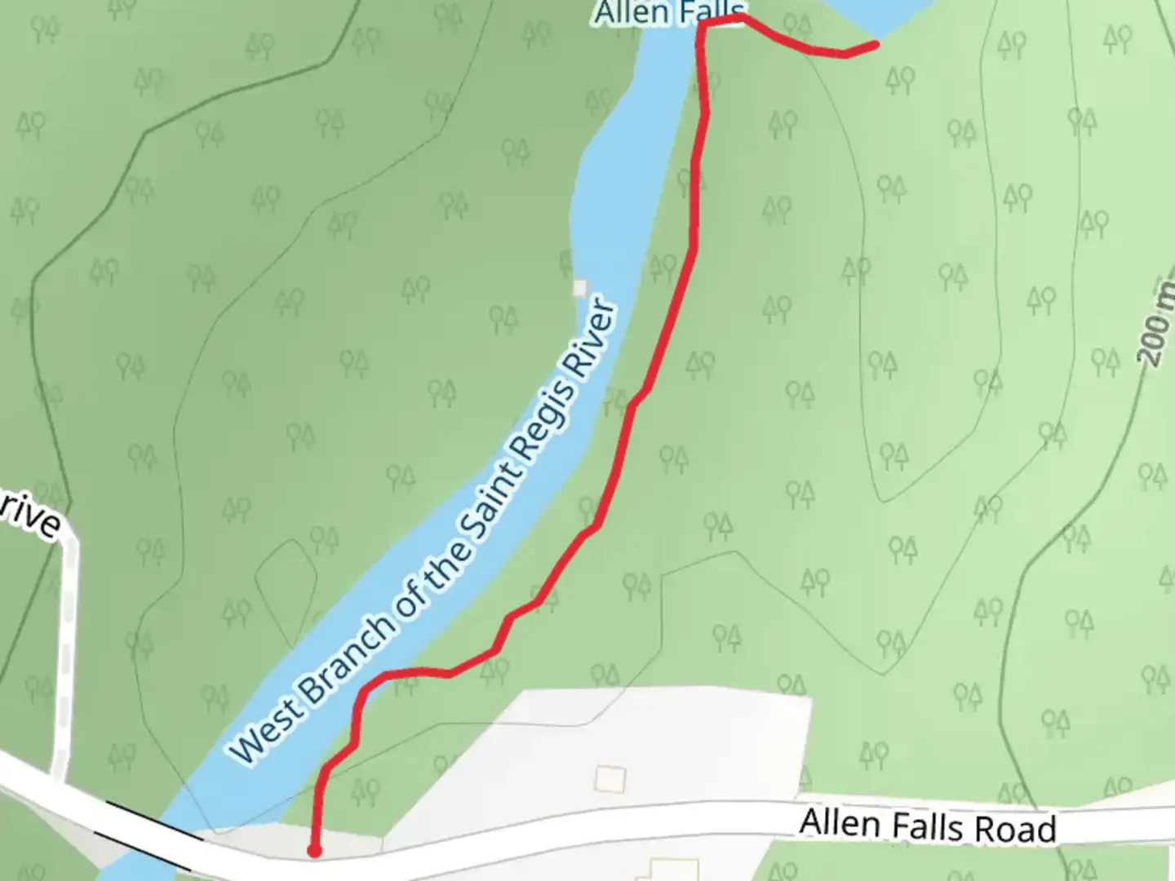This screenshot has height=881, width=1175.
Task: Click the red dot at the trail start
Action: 313,851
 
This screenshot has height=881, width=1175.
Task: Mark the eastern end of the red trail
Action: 876,45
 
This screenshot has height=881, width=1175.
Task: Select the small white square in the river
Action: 580,287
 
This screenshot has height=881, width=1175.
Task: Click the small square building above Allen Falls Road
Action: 610,779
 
